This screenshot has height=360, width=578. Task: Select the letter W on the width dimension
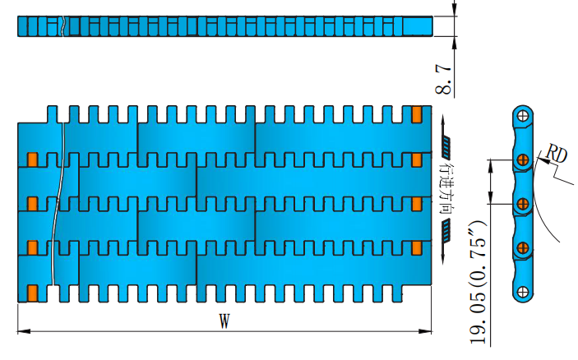223,322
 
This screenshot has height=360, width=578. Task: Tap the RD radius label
557,154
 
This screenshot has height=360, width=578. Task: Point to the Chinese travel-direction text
446,189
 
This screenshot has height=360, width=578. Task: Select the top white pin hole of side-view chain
523,115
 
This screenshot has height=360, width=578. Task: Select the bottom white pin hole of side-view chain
523,290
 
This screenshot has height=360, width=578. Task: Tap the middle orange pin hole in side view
523,201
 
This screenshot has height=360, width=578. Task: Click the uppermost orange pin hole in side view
523,159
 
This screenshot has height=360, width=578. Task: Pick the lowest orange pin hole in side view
523,246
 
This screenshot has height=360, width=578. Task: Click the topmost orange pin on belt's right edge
416,113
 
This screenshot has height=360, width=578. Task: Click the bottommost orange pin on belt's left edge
33,292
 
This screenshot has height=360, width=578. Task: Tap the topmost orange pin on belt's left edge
33,159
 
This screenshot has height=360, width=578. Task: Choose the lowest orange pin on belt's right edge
416,247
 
